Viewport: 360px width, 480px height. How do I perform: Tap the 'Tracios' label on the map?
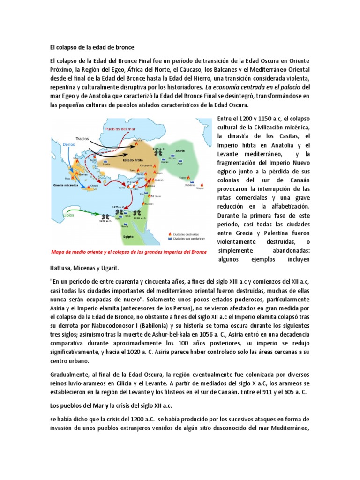[x=83, y=139]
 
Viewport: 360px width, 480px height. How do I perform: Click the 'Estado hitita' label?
[x=133, y=159]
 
